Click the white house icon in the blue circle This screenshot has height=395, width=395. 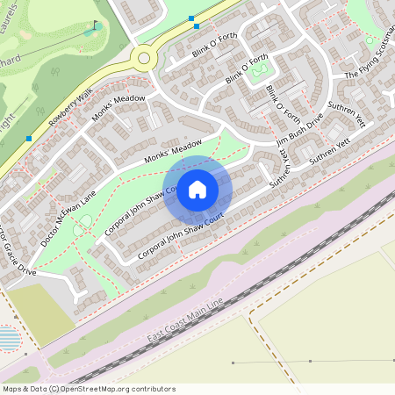click(197, 190)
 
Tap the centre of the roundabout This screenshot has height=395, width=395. click(142, 59)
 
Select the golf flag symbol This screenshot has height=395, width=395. click(95, 25)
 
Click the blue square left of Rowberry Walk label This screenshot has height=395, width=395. click(29, 138)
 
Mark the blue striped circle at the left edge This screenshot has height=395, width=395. click(7, 338)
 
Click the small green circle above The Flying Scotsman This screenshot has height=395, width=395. click(370, 40)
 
